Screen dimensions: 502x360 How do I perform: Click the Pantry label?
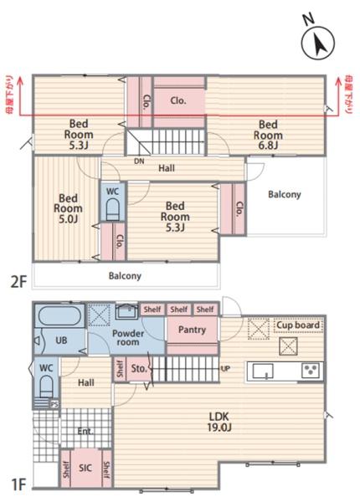[x=193, y=330]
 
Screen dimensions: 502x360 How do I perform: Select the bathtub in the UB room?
[x=57, y=317]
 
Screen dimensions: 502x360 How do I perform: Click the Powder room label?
[x=128, y=337]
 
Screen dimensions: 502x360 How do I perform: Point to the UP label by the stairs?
[x=225, y=369]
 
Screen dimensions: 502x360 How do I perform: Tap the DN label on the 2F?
[x=138, y=162]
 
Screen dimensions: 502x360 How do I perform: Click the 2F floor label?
[x=18, y=282]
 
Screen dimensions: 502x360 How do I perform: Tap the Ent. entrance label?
[x=85, y=433]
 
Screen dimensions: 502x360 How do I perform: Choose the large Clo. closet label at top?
[x=178, y=100]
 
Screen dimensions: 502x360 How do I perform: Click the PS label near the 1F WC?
[x=54, y=404]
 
